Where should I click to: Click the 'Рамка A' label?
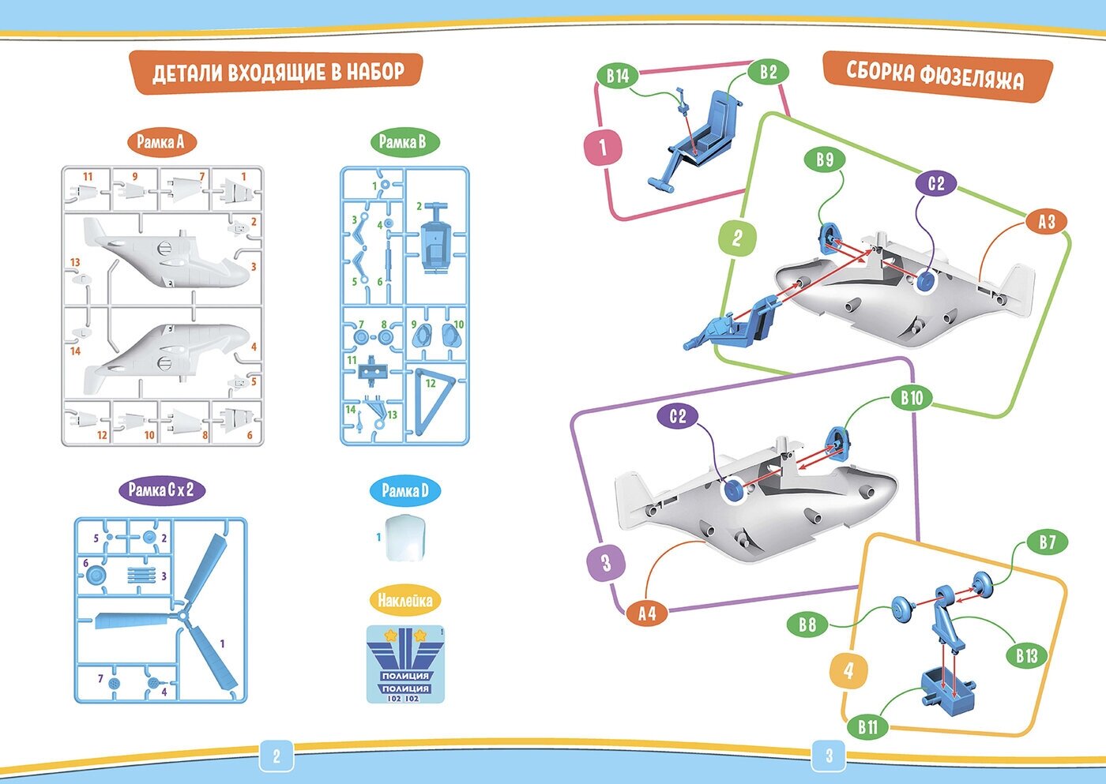click(160, 142)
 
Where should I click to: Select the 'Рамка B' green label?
click(403, 142)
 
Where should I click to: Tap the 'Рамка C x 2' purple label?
click(161, 490)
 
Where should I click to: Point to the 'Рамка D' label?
click(404, 491)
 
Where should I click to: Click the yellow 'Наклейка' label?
click(404, 601)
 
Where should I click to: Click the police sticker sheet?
click(405, 664)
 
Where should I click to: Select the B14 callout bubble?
click(618, 76)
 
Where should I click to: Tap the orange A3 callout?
click(1046, 222)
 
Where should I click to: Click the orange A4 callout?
click(647, 613)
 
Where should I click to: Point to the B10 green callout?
click(912, 397)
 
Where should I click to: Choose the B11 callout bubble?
click(867, 727)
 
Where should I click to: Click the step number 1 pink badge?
click(604, 147)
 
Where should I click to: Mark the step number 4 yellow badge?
click(849, 671)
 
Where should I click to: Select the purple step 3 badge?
click(607, 562)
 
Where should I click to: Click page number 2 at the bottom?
click(276, 756)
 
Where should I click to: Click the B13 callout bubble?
click(1026, 655)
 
